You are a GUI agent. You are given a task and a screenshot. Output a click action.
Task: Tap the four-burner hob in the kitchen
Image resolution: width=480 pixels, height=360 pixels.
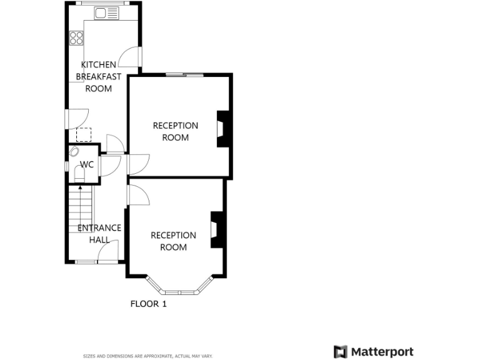tap(77, 37)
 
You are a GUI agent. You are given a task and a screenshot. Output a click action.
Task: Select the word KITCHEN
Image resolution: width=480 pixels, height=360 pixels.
tap(98, 64)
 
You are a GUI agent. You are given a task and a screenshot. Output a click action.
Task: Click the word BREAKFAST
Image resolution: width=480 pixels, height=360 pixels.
tap(99, 76)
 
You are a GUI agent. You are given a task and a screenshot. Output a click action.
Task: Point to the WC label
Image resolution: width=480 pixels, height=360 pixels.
tap(87, 165)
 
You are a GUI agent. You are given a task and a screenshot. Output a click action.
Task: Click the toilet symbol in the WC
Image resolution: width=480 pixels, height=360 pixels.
tap(80, 172)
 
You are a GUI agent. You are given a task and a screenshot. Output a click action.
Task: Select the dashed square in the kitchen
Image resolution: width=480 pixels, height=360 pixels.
tap(84, 135)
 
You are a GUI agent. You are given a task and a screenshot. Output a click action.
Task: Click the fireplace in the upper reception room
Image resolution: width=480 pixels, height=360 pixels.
tap(222, 129)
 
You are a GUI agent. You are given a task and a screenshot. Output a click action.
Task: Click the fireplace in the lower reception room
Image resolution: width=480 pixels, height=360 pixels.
tap(216, 229)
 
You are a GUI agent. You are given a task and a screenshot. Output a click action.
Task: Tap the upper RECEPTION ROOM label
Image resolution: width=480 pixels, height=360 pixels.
tap(176, 131)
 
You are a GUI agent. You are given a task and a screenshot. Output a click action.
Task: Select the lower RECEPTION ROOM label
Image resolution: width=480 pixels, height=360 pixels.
tap(173, 241)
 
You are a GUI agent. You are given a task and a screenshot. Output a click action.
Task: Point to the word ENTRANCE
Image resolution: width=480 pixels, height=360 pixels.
tap(99, 228)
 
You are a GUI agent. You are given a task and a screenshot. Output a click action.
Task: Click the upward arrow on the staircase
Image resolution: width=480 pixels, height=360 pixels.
tap(80, 187)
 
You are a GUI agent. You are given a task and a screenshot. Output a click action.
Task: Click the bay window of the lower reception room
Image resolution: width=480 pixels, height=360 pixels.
tap(177, 291)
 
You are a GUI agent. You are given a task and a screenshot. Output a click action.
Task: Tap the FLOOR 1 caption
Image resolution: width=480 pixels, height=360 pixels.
tap(148, 304)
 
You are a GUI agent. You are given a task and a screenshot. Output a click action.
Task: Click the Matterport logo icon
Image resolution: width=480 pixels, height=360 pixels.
tap(340, 352)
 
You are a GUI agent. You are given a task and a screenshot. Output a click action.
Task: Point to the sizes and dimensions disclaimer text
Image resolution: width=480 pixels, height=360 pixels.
tap(148, 356)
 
